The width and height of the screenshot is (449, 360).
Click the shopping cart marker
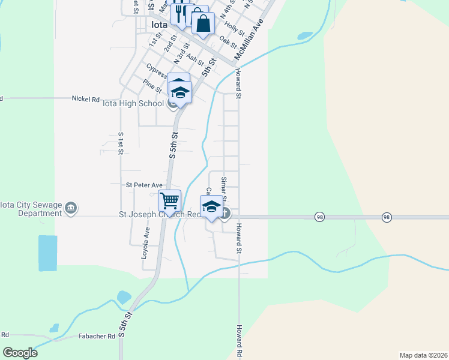(170, 200)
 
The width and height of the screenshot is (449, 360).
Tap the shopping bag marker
(203, 24)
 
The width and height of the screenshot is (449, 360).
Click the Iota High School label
(133, 103)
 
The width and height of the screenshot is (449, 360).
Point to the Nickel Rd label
(85, 98)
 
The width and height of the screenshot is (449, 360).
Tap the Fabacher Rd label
(96, 337)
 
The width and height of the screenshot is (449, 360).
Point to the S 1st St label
(121, 143)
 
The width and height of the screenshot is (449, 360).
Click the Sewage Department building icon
(71, 208)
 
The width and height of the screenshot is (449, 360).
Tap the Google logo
(20, 353)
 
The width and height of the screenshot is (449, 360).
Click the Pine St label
(152, 85)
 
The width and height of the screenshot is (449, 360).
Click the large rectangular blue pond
(47, 254)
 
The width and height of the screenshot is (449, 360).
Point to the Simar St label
(223, 188)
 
